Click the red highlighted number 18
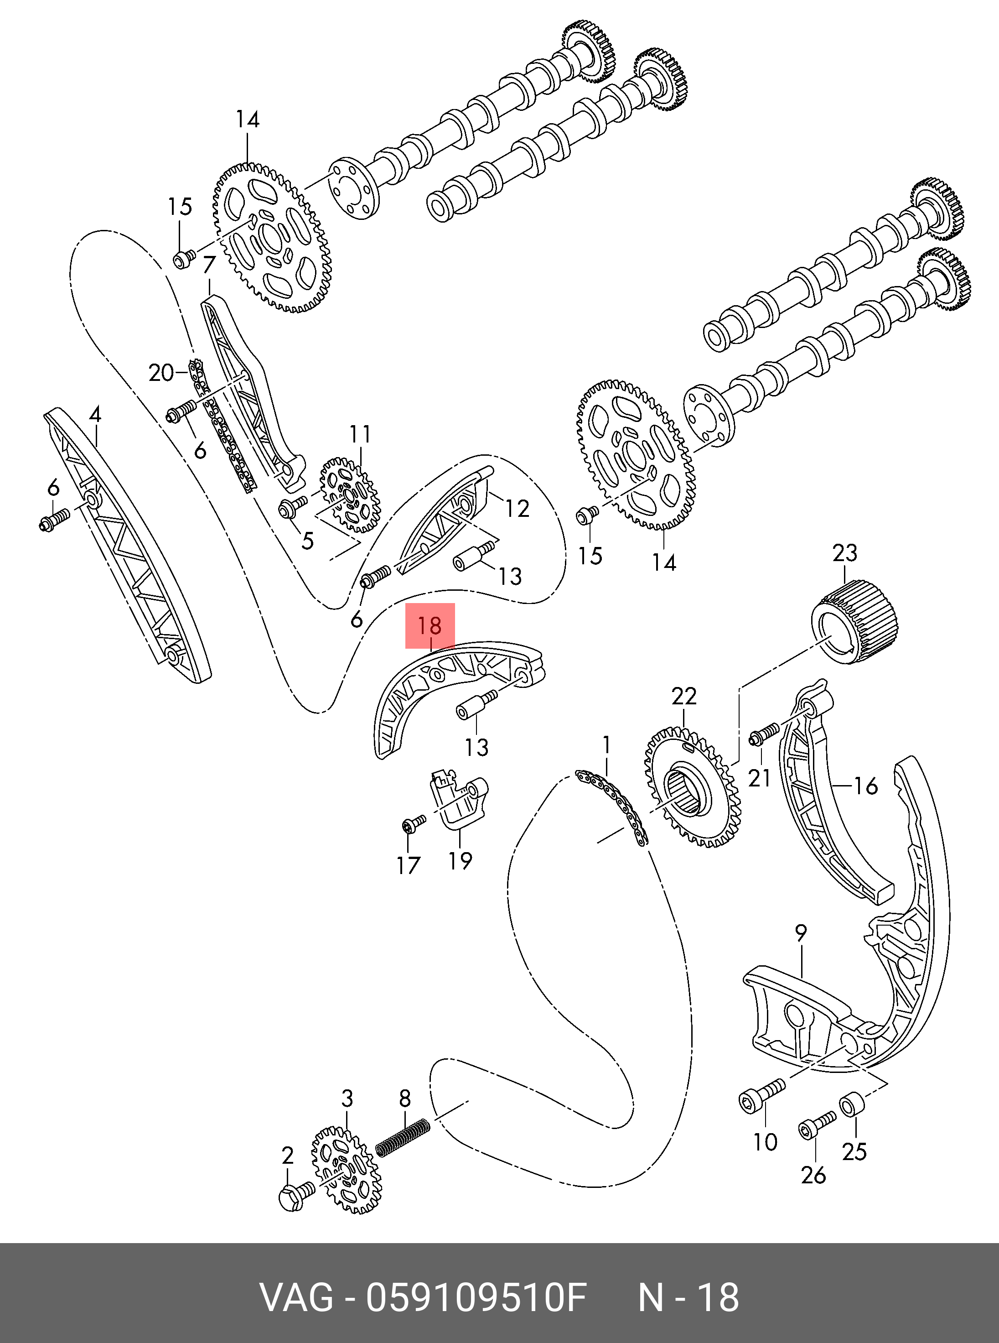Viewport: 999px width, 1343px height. tap(430, 625)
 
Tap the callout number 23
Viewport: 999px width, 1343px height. tap(845, 553)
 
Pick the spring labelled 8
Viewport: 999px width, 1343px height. tap(404, 1137)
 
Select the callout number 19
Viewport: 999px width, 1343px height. tap(460, 860)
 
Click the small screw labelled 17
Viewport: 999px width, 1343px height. tap(413, 823)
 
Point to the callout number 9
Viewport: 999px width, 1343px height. tap(801, 933)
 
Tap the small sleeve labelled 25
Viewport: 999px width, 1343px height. tap(853, 1106)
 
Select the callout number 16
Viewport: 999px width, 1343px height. tap(865, 786)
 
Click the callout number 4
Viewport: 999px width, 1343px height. tap(94, 414)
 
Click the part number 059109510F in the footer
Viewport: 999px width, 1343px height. tap(476, 1296)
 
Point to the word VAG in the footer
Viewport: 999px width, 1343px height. tap(296, 1296)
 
